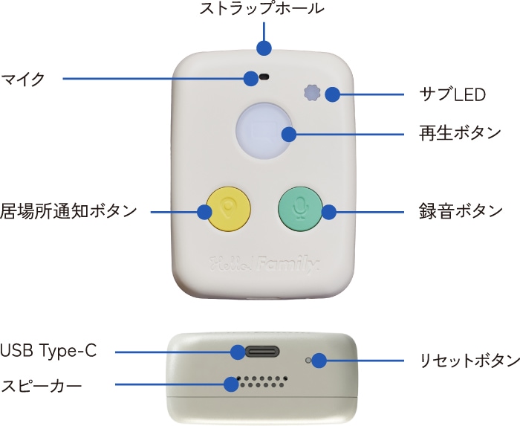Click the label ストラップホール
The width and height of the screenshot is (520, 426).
[x=262, y=10]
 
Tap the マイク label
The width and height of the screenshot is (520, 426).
[x=23, y=78]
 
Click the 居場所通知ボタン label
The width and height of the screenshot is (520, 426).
[x=68, y=211]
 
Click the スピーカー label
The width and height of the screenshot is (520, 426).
[x=41, y=384]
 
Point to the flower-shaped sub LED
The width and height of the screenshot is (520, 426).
[x=312, y=94]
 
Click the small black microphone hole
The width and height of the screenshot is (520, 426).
[x=264, y=77]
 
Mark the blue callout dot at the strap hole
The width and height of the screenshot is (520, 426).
[x=263, y=48]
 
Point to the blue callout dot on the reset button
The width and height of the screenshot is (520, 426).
[x=319, y=361]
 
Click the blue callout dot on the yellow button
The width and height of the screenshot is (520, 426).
[x=204, y=212]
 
